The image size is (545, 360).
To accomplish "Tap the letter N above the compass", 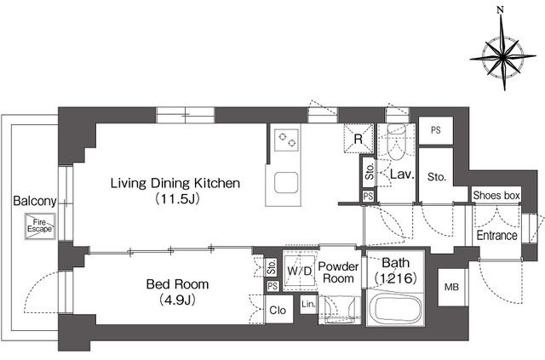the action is click(501, 10).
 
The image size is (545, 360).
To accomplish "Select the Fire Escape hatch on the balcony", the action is click(40, 226).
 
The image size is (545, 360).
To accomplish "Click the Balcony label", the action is click(34, 201).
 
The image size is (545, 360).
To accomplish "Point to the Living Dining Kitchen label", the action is click(175, 183).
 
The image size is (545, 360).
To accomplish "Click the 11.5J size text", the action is click(177, 199).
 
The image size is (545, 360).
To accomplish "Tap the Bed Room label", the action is click(177, 284).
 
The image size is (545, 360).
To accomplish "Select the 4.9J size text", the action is click(177, 300).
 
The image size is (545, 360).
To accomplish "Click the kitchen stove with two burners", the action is click(286, 140).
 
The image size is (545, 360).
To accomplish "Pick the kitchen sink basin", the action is click(286, 182).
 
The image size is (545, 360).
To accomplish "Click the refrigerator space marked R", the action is click(359, 139).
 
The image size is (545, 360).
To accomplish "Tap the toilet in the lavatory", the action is click(396, 141).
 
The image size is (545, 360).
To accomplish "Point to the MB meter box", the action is click(451, 288).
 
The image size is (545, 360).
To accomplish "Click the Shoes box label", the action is click(496, 196).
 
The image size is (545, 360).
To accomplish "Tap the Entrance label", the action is click(497, 236).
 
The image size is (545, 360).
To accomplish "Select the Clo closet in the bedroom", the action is click(278, 310).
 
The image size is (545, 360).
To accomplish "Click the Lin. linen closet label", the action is click(308, 305).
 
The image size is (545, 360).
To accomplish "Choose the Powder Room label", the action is click(339, 272).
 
